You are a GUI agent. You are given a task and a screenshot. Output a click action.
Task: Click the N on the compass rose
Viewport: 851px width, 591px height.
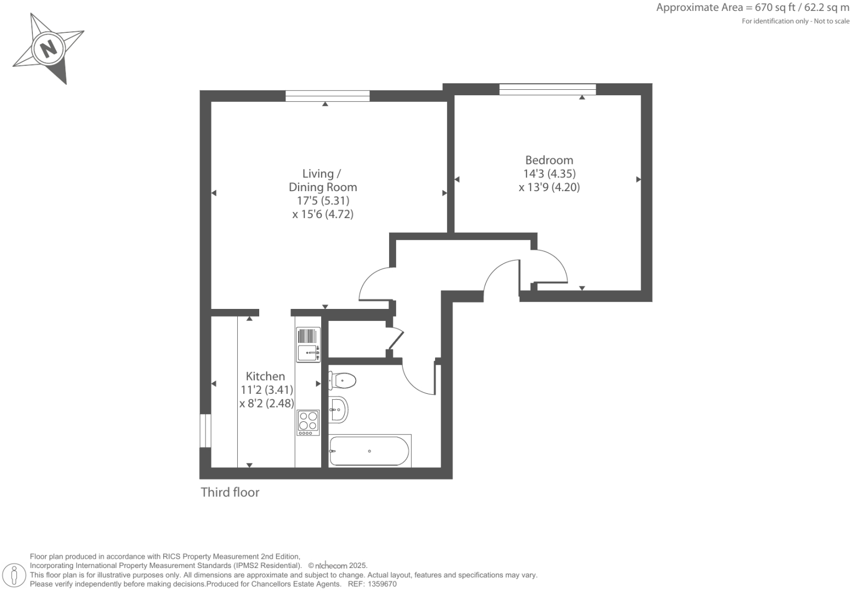point(49,48)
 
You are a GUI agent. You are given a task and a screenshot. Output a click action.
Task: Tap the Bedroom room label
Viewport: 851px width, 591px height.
point(549,160)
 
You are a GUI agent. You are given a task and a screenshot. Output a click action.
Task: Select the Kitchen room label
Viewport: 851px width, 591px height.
point(265,376)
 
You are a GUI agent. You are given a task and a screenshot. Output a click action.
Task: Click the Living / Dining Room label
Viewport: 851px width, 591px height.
point(323,180)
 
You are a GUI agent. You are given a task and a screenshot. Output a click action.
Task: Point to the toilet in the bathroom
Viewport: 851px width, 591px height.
point(342,380)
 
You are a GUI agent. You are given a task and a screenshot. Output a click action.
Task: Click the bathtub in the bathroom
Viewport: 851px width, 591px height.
point(369,451)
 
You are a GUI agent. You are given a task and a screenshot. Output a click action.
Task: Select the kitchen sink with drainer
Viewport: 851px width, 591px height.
point(308,345)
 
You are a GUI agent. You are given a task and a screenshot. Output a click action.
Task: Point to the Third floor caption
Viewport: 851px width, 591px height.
point(230,492)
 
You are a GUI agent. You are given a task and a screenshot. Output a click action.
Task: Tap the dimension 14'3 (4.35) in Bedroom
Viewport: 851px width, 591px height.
point(549,174)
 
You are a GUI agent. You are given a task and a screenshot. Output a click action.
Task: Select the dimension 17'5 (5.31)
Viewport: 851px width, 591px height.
point(323,200)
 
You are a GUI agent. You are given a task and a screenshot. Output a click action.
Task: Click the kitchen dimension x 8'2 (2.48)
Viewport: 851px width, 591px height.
point(266,404)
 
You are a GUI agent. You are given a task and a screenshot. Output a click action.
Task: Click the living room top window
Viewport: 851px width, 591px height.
point(327,96)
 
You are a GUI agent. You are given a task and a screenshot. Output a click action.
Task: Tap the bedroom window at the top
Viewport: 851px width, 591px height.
point(547,89)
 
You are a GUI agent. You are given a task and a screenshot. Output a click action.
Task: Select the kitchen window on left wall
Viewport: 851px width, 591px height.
point(205,431)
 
